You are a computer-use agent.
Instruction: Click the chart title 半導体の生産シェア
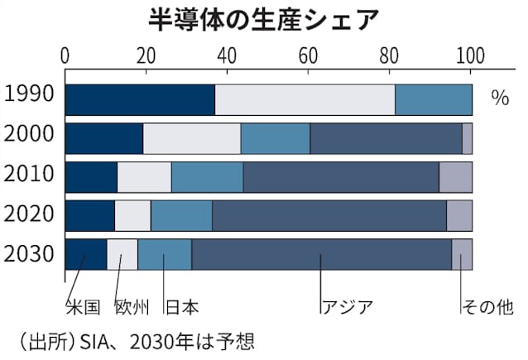(x=265, y=18)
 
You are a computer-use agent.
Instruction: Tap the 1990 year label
(x=29, y=94)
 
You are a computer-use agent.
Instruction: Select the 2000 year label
(x=29, y=134)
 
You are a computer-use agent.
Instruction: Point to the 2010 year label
(x=29, y=175)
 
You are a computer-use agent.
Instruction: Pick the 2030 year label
(x=29, y=252)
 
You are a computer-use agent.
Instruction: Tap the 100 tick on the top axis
(x=471, y=55)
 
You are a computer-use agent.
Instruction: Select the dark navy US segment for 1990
(x=139, y=99)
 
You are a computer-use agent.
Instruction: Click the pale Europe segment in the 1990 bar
(x=305, y=99)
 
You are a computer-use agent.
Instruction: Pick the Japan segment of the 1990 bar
(x=433, y=99)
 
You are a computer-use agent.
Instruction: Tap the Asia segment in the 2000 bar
(x=386, y=137)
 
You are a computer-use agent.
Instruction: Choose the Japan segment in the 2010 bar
(x=207, y=177)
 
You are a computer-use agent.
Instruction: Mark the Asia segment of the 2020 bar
(x=329, y=215)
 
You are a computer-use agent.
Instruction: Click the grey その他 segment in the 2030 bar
(x=461, y=253)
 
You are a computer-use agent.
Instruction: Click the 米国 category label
(x=83, y=308)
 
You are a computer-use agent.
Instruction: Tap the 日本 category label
(x=181, y=308)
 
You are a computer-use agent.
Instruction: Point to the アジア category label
(x=346, y=308)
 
